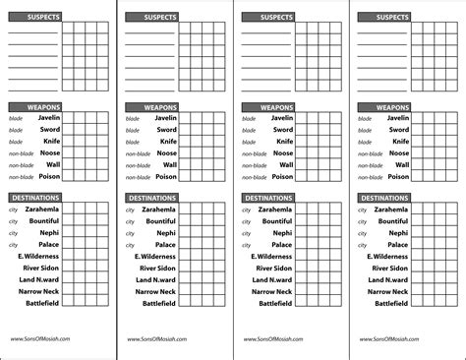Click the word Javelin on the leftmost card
point(50,118)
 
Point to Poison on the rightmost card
point(398,177)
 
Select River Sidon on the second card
point(157,268)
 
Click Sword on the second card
point(166,130)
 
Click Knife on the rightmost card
point(399,142)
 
